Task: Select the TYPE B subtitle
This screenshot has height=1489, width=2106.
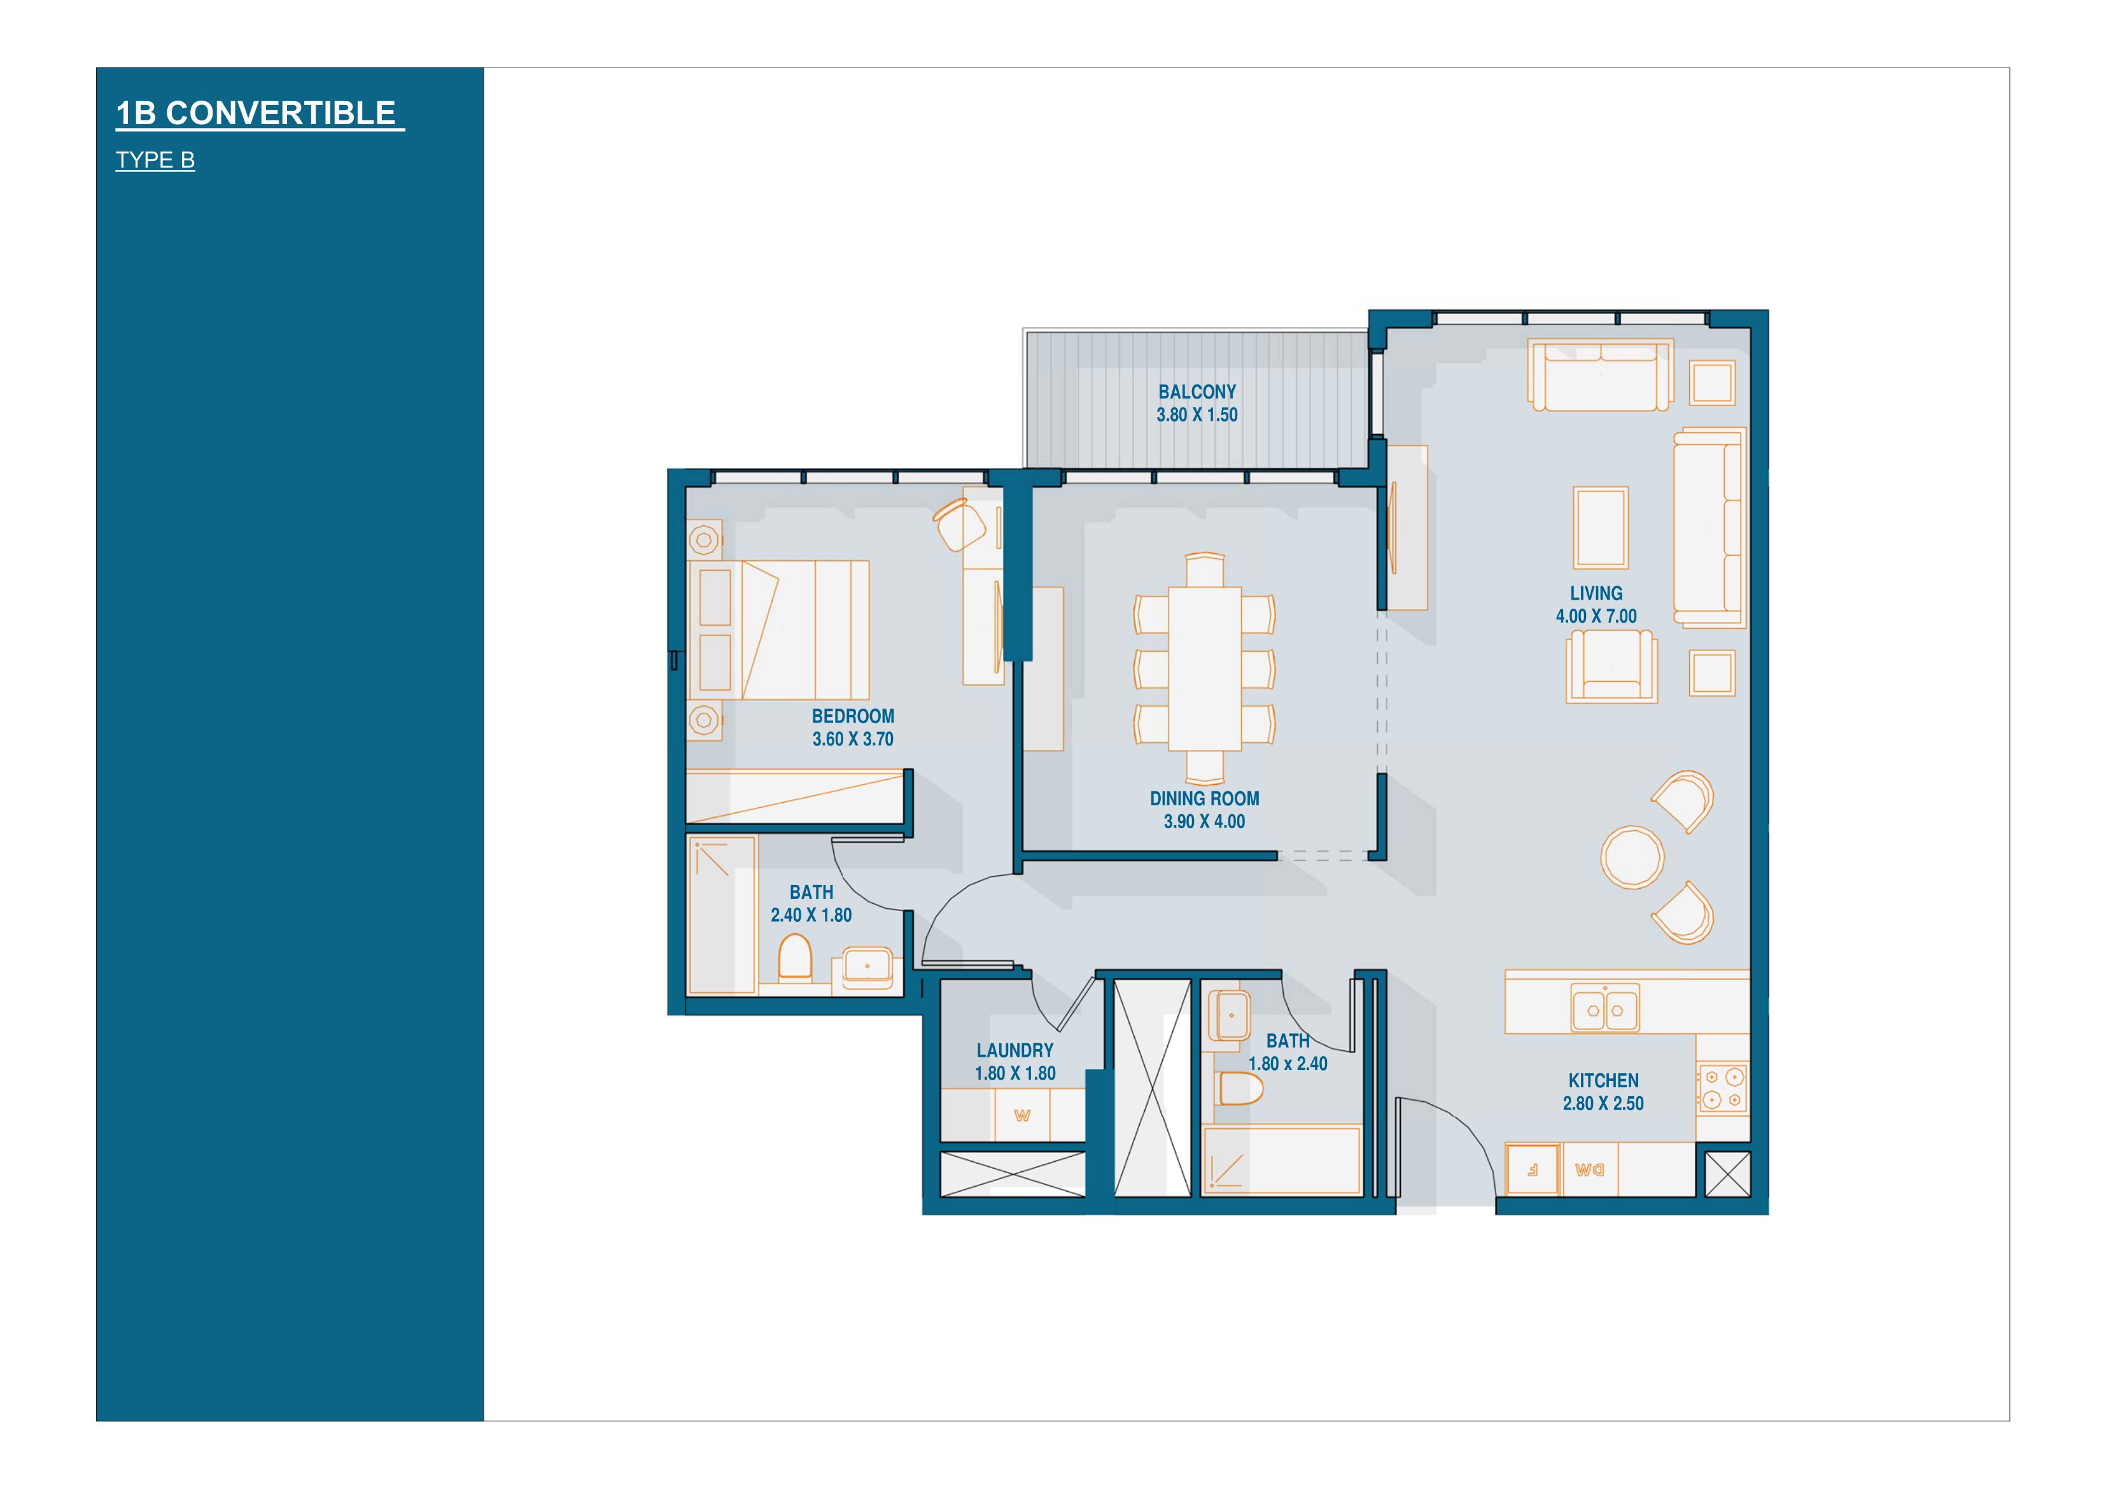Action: [155, 160]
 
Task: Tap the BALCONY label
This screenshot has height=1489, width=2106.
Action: [1197, 392]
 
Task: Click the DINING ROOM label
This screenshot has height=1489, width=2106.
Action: [1204, 799]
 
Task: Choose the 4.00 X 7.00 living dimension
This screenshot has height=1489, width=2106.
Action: [1596, 616]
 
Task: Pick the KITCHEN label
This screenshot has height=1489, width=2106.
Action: [1603, 1081]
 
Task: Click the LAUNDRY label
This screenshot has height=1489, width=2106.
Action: [1014, 1050]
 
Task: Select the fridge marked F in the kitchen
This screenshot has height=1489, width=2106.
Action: [1533, 1169]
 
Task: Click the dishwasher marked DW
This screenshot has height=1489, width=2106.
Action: [1590, 1169]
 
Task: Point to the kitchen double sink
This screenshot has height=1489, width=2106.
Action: [1605, 1009]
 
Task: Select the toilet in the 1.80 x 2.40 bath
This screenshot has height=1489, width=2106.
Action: [1241, 1089]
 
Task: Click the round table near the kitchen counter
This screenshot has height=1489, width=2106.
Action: [1632, 857]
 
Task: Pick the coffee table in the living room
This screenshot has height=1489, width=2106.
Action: [1601, 528]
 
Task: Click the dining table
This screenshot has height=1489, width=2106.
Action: [1204, 668]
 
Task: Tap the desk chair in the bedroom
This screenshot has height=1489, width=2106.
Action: [959, 524]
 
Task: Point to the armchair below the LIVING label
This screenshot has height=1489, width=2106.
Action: [1611, 666]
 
